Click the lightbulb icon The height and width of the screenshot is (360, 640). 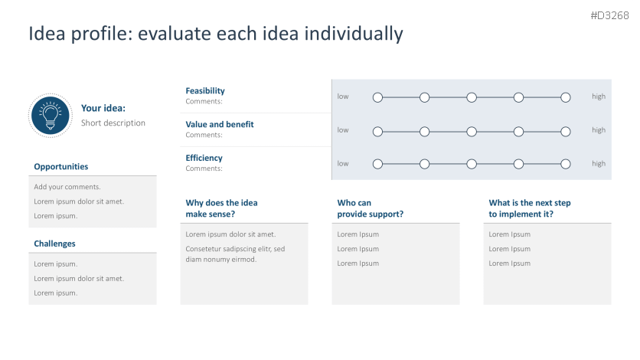point(51,115)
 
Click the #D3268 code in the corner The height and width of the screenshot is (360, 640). point(609,16)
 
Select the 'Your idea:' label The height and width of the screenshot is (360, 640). point(103,108)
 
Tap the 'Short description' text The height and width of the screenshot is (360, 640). point(113,123)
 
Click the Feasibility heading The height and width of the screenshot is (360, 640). point(205,90)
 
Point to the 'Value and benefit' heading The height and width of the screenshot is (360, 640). point(220,124)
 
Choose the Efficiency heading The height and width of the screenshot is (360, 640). point(204,158)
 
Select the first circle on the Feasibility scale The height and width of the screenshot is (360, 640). point(377,97)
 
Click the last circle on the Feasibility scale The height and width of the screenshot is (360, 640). point(566,97)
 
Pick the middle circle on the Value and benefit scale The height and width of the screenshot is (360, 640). point(472,131)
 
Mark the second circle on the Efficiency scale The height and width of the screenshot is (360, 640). point(425,164)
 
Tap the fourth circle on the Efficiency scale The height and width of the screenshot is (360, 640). point(518,164)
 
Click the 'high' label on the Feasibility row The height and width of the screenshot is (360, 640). point(598,97)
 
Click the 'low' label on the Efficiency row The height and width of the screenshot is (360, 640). point(343,163)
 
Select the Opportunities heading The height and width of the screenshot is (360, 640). point(61,166)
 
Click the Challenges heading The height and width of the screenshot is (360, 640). point(54,244)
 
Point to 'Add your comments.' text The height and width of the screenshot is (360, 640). point(67,187)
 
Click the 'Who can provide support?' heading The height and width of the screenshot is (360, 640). point(371,208)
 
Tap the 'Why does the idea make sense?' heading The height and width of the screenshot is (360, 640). point(222,208)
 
